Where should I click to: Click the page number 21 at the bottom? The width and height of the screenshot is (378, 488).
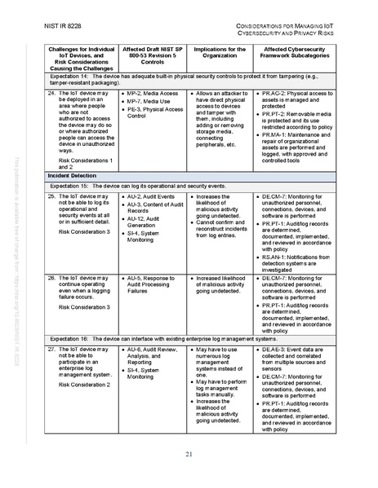coord(189,454)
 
